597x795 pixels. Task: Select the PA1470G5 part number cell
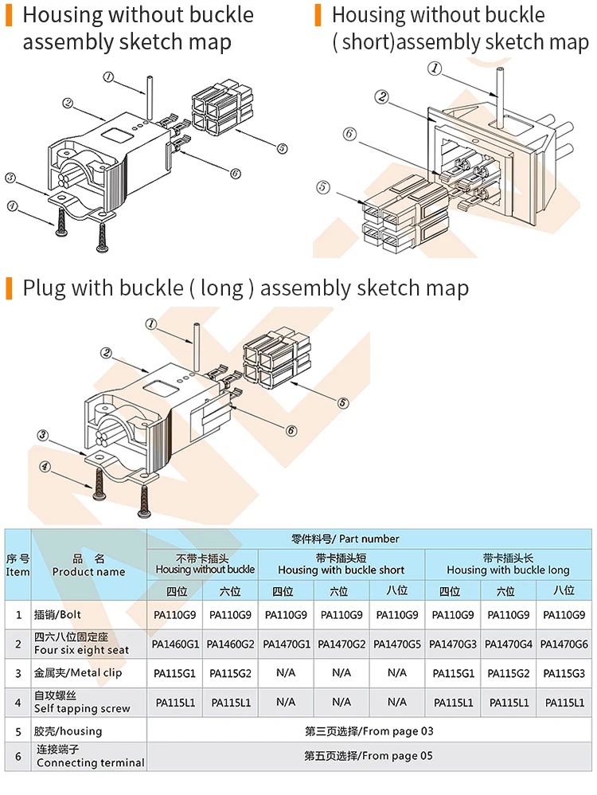(x=397, y=644)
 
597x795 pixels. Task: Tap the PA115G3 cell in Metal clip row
(x=564, y=673)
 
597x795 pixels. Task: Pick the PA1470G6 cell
(x=564, y=644)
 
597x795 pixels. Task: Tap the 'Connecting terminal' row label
(x=90, y=756)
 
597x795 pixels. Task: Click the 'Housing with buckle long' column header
(x=508, y=564)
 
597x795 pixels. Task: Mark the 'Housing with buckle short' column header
(x=341, y=564)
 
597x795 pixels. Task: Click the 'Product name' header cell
(x=88, y=565)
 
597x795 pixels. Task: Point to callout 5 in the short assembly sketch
(x=322, y=187)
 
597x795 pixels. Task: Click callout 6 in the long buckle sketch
(x=291, y=430)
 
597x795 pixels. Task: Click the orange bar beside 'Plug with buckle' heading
(x=9, y=288)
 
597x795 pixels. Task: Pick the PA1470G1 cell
(x=287, y=644)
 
